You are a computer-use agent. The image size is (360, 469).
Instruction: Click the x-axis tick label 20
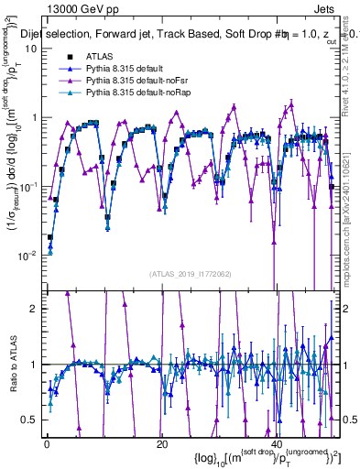point(162,444)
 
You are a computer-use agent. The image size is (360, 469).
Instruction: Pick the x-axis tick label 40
point(277,444)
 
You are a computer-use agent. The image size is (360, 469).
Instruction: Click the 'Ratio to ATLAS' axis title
point(11,366)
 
